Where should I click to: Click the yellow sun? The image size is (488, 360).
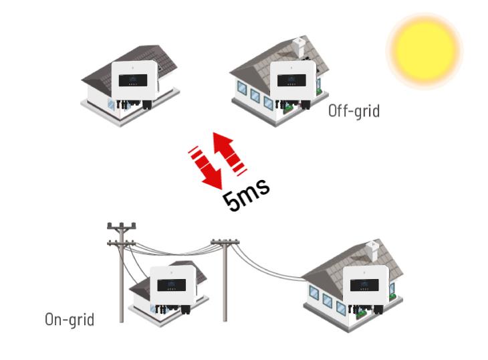[424, 50]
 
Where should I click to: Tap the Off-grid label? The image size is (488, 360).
[354, 110]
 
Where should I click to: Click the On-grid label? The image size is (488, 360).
[70, 319]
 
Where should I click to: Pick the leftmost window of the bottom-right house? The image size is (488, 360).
[314, 292]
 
